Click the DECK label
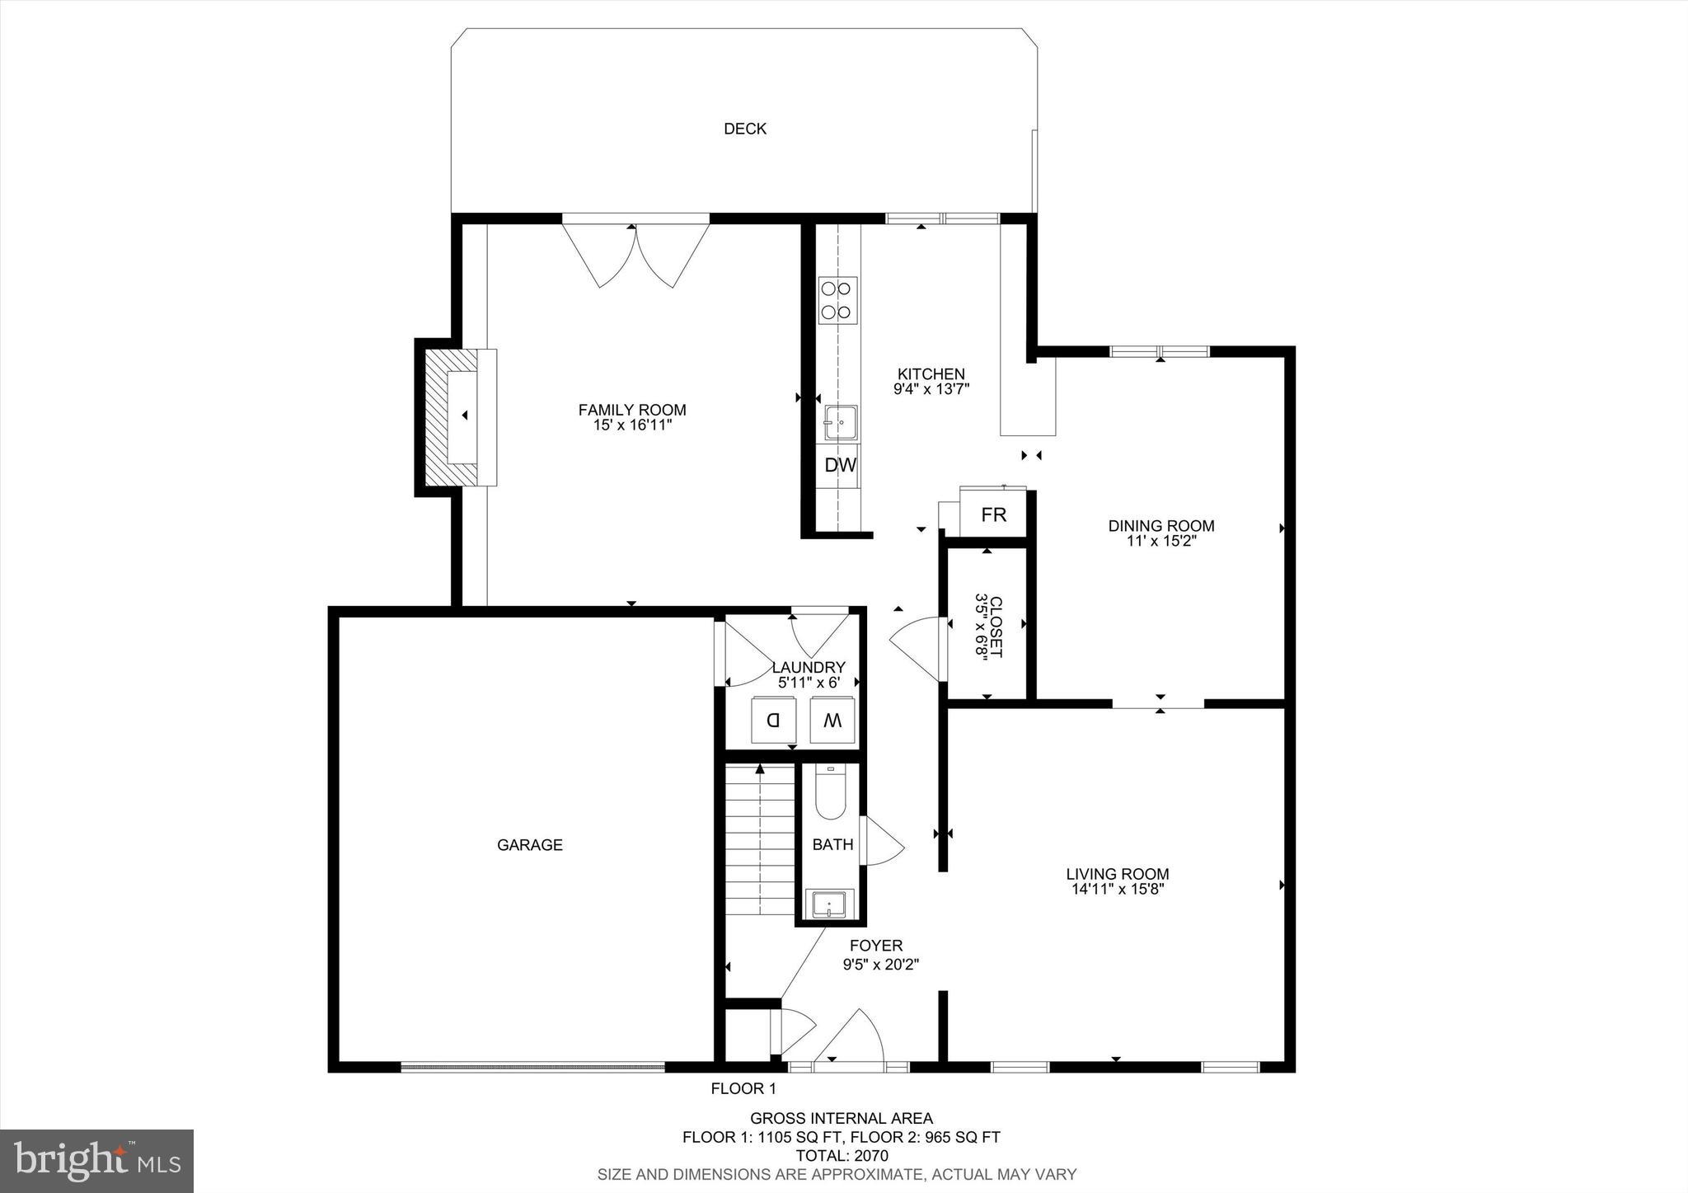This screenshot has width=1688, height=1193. tap(744, 129)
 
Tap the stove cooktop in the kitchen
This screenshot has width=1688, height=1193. tap(837, 300)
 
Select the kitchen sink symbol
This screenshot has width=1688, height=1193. tap(840, 422)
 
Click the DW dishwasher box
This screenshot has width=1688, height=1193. tap(840, 466)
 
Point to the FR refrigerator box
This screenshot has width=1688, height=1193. tap(993, 515)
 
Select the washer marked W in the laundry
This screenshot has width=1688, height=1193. tap(832, 721)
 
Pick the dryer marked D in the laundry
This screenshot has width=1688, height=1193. tap(774, 721)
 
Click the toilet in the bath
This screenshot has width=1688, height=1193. tap(830, 795)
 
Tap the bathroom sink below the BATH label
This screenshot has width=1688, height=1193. tap(830, 904)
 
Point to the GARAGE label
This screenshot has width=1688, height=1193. tap(529, 845)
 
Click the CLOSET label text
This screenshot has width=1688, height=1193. tap(996, 626)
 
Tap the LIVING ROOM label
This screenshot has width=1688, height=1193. tap(1117, 874)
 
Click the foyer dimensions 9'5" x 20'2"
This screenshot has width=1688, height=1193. tap(880, 963)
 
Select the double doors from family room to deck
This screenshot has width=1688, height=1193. tap(635, 251)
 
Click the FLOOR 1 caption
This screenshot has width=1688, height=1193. tap(743, 1089)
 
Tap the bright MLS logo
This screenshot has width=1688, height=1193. tap(96, 1162)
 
